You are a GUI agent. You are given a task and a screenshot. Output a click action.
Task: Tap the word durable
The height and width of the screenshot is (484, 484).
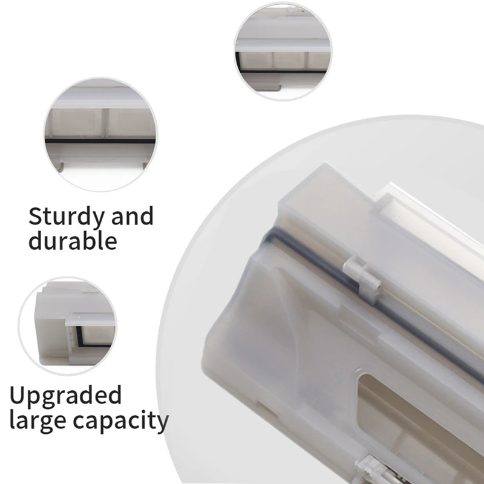(72, 241)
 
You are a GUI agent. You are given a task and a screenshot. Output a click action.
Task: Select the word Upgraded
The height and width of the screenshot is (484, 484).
(65, 397)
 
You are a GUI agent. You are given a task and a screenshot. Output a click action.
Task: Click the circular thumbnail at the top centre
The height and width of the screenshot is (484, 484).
(283, 52)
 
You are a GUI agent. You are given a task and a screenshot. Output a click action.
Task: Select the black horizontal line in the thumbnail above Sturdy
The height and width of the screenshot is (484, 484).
(100, 140)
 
